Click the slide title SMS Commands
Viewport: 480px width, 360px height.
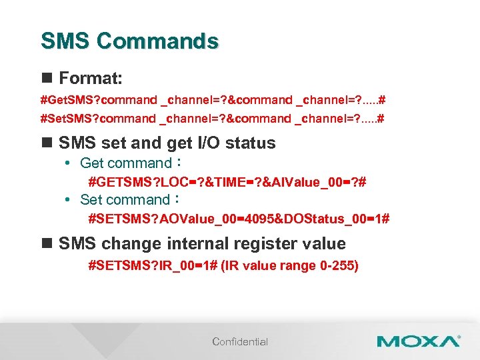(129, 41)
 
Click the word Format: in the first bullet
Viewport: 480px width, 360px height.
(90, 79)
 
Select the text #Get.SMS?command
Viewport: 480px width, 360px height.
(97, 101)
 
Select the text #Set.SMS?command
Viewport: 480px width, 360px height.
(97, 119)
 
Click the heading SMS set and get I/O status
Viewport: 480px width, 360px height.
(167, 143)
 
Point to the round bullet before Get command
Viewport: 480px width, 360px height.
(69, 163)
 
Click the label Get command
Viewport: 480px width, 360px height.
(126, 163)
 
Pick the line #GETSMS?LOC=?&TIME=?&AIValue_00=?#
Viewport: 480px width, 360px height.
(227, 181)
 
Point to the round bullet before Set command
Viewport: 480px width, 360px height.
(69, 200)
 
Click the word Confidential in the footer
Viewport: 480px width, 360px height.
(240, 342)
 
